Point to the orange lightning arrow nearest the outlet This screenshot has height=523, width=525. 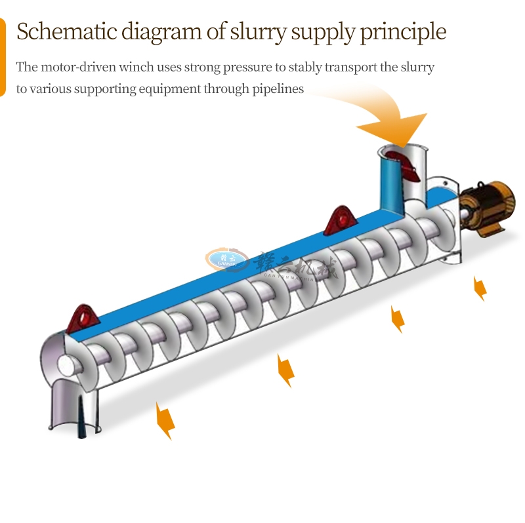[x=165, y=420]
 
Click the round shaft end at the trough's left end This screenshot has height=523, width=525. [x=66, y=364]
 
